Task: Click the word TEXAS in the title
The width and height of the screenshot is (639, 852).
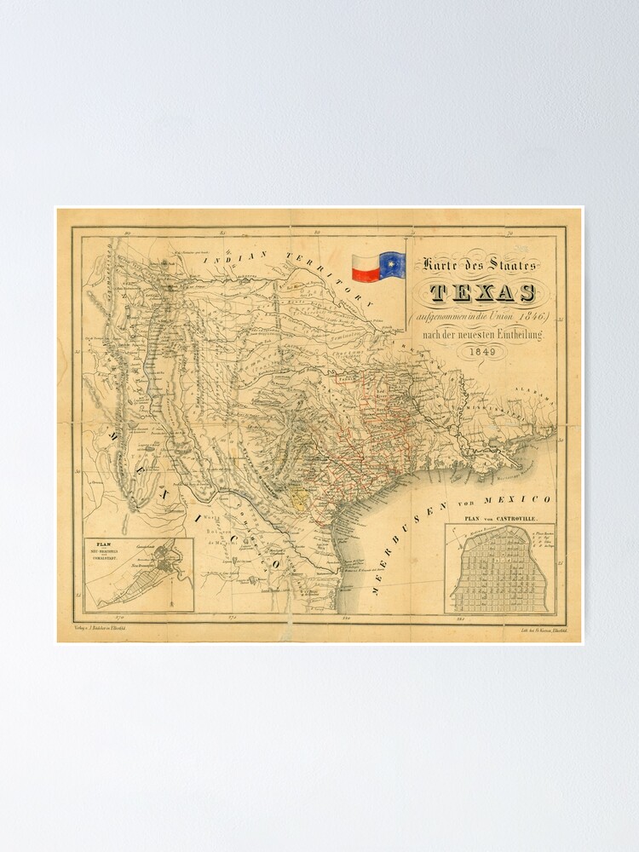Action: pos(483,294)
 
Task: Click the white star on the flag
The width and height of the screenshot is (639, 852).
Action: pos(393,266)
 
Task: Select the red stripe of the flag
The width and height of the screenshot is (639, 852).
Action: pos(365,273)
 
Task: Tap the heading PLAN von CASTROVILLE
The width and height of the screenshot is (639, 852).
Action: pos(500,516)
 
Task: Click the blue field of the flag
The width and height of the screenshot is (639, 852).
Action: pos(393,266)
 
